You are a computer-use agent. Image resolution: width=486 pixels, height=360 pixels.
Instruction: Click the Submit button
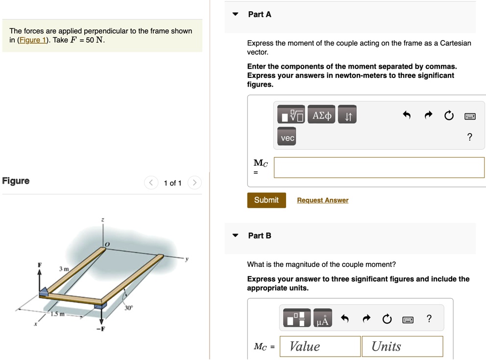pyautogui.click(x=266, y=200)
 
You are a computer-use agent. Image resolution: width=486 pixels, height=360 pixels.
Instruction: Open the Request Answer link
pyautogui.click(x=322, y=200)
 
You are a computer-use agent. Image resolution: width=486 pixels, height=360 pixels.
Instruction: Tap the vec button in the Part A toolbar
pyautogui.click(x=288, y=138)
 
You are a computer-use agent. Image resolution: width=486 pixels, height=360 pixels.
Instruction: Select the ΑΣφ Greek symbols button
pyautogui.click(x=322, y=116)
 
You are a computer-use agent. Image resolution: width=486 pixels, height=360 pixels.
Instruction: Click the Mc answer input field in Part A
pyautogui.click(x=379, y=168)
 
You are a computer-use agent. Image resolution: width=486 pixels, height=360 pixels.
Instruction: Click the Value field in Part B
pyautogui.click(x=320, y=346)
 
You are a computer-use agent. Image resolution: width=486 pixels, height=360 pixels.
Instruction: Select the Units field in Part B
pyautogui.click(x=402, y=346)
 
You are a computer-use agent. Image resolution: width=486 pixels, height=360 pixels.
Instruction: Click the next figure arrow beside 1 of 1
pyautogui.click(x=194, y=183)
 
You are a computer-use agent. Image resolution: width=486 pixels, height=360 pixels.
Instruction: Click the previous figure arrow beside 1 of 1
pyautogui.click(x=151, y=183)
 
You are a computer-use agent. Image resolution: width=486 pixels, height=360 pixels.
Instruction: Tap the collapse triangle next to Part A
pyautogui.click(x=236, y=14)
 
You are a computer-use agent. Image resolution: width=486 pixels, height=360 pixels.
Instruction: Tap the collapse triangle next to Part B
pyautogui.click(x=236, y=236)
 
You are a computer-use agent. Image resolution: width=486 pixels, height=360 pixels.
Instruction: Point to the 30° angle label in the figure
pyautogui.click(x=129, y=308)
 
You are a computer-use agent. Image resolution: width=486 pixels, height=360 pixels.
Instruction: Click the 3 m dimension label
pyautogui.click(x=64, y=269)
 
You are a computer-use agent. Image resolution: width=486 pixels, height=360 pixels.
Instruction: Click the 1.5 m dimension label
pyautogui.click(x=58, y=314)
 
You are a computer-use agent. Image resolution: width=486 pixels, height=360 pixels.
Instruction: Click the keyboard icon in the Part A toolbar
pyautogui.click(x=470, y=116)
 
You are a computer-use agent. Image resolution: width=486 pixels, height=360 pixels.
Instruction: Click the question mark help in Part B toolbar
pyautogui.click(x=429, y=319)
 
